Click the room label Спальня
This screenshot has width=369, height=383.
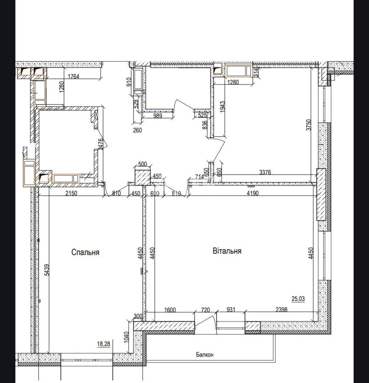click(85, 252)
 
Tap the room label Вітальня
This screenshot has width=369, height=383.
click(227, 251)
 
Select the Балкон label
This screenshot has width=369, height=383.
click(205, 355)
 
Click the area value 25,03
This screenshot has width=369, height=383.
click(298, 299)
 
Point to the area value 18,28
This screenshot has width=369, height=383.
click(104, 344)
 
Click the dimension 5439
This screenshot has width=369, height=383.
click(47, 270)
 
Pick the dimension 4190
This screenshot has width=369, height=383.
click(252, 193)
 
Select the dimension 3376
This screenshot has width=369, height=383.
click(265, 172)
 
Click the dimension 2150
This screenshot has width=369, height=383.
click(71, 193)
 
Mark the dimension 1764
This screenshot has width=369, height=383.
click(74, 76)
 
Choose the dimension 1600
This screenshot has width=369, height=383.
click(170, 310)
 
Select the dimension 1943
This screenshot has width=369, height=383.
click(222, 107)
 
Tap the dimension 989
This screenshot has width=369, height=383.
click(158, 116)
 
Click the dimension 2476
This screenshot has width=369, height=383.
click(100, 144)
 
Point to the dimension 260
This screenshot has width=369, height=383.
click(137, 130)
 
